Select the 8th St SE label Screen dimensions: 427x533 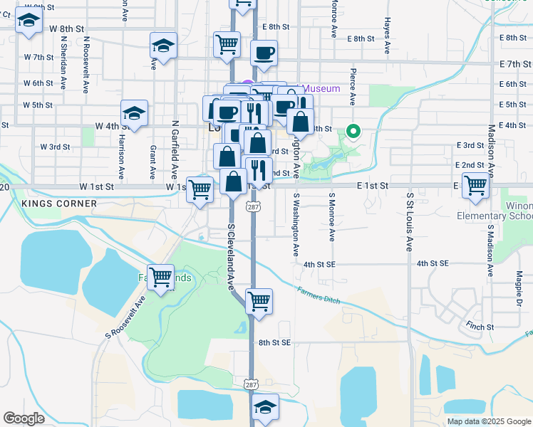tap(275, 342)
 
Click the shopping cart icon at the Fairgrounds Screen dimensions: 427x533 tap(161, 277)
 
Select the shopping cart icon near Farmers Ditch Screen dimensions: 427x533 tap(259, 300)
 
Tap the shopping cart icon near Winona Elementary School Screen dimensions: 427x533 tap(475, 185)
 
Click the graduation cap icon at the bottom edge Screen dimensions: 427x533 tap(265, 408)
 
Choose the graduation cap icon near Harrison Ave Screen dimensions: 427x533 tap(133, 112)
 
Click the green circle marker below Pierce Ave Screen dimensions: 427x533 tap(353, 131)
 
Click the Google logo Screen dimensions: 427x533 tap(24, 418)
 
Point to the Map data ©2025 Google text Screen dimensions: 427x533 tap(488, 421)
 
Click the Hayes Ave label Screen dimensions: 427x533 tap(387, 36)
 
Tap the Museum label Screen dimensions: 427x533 tap(321, 88)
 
